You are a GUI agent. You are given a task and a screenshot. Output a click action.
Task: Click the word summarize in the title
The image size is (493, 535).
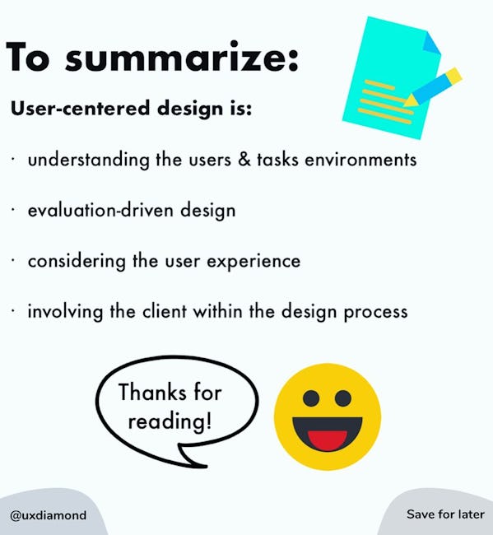click(182, 57)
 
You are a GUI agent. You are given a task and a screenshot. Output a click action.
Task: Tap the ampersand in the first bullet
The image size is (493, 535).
click(244, 159)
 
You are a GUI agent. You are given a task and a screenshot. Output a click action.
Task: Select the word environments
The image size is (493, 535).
click(360, 160)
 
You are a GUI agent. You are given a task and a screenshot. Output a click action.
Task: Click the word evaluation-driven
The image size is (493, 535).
click(100, 210)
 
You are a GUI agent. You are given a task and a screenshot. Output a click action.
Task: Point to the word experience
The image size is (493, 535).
click(253, 262)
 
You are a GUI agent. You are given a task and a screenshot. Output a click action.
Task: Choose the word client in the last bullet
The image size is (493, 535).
click(165, 311)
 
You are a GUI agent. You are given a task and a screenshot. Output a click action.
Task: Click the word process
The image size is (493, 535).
click(375, 313)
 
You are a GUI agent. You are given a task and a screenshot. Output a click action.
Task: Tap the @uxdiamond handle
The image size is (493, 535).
click(48, 515)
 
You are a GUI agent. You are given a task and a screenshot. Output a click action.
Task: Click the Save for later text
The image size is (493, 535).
click(445, 514)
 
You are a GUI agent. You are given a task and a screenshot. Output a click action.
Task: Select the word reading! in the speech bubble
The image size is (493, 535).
click(170, 421)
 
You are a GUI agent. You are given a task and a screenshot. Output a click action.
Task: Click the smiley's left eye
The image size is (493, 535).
click(311, 398)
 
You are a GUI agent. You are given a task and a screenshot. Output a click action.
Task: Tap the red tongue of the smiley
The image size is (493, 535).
click(328, 440)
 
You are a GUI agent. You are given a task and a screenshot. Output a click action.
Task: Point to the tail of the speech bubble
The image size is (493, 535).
click(191, 456)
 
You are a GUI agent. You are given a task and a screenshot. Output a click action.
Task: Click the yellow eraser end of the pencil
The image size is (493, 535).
click(454, 75)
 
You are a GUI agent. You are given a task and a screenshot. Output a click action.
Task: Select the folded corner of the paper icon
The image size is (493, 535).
click(431, 43)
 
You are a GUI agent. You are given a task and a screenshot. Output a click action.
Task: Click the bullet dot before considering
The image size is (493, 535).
click(12, 261)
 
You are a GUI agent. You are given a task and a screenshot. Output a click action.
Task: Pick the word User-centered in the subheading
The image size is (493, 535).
click(80, 108)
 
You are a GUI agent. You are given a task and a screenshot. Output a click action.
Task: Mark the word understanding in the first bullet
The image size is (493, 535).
click(89, 160)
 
